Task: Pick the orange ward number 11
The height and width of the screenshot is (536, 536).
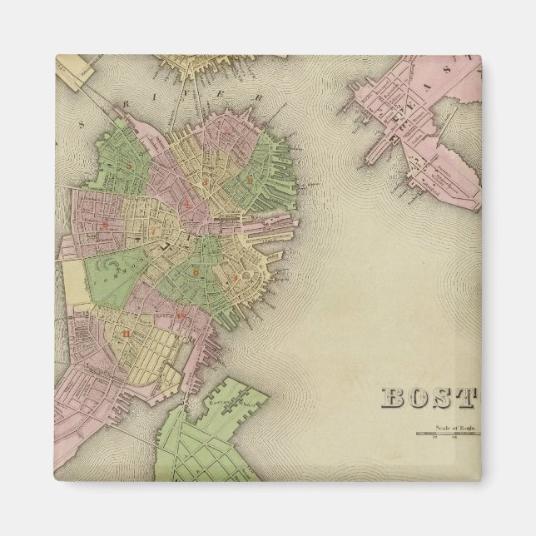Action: pos(126,333)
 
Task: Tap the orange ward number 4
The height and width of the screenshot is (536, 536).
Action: pos(190,203)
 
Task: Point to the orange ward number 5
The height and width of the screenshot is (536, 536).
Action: pos(197,270)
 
